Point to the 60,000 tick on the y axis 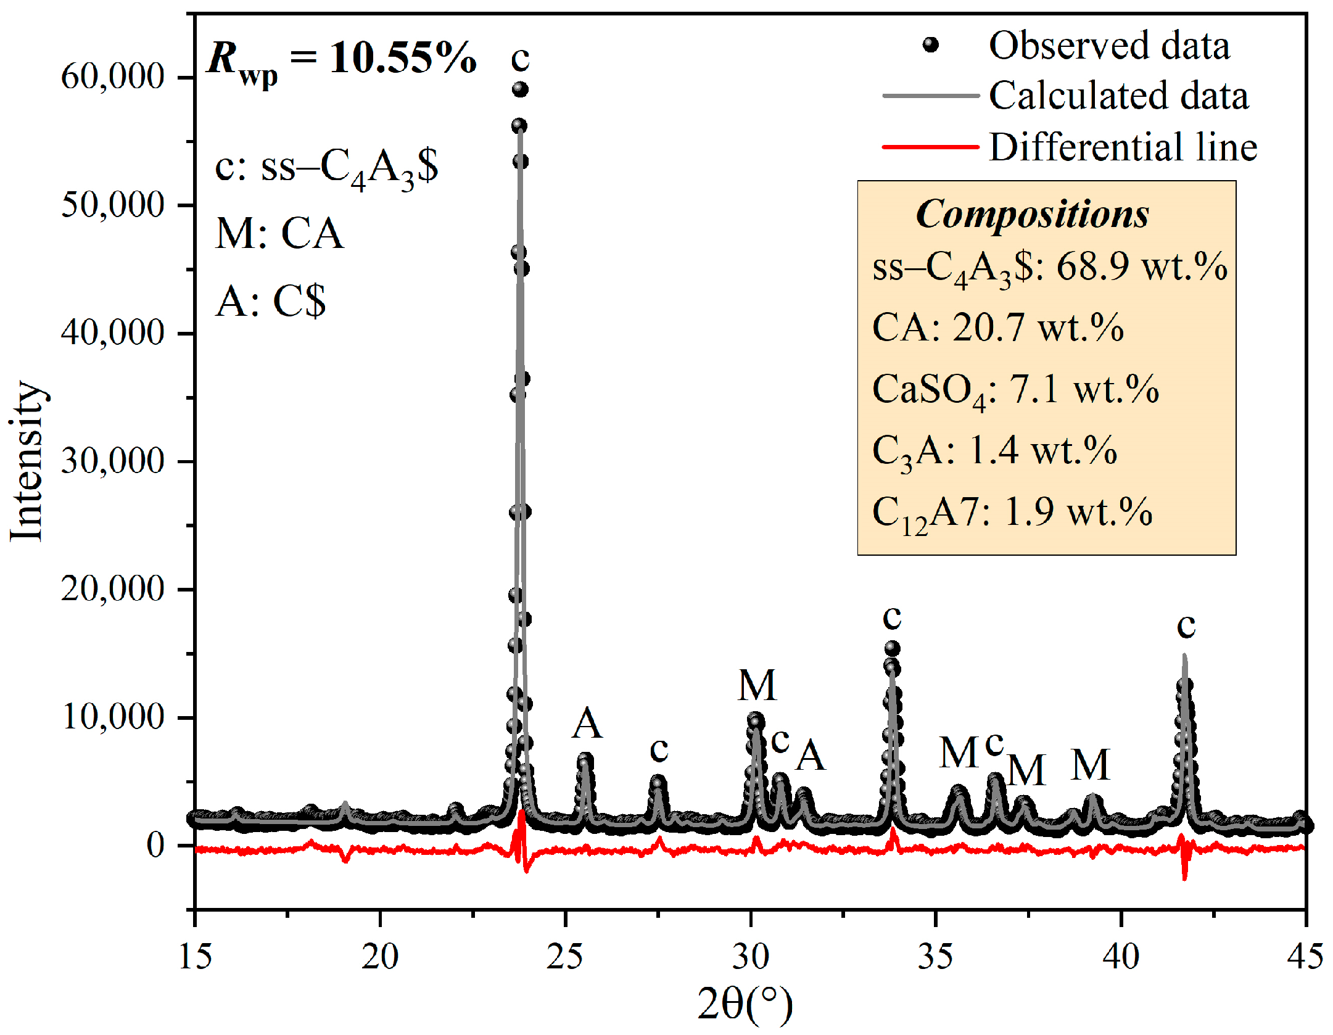pos(113,76)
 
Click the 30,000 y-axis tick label pos(113,461)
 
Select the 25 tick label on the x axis pos(564,957)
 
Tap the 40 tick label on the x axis pos(1121,957)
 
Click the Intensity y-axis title pos(27,461)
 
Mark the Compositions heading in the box pos(1032,215)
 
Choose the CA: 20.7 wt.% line pos(997,328)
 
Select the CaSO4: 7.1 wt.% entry pos(1015,390)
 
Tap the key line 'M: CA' pos(279,234)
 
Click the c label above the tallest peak pos(520,58)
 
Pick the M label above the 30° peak pos(757,685)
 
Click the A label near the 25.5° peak pos(587,723)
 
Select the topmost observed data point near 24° pos(520,90)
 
